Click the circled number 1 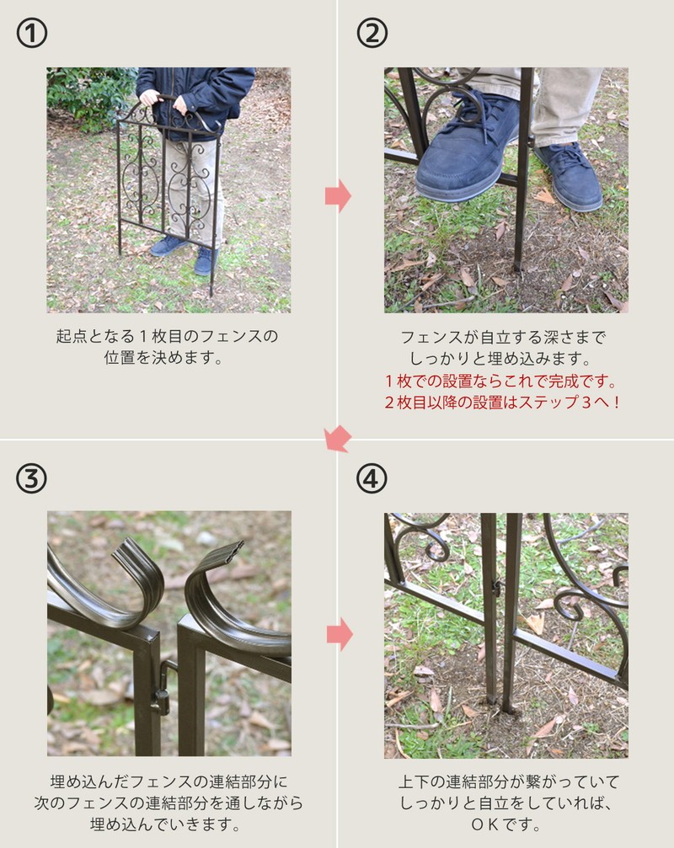point(31,33)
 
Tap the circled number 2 point(372,33)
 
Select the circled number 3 point(31,478)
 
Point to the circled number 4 point(372,478)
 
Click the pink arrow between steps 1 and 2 point(338,195)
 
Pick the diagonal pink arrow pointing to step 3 point(338,438)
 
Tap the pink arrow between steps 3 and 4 point(340,634)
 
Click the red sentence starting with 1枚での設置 point(501,381)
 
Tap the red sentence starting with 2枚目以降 point(501,403)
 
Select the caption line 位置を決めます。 point(163,358)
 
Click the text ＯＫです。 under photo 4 point(505,824)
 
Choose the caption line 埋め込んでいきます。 point(166,824)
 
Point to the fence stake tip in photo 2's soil point(517,265)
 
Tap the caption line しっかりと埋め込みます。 point(501,359)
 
